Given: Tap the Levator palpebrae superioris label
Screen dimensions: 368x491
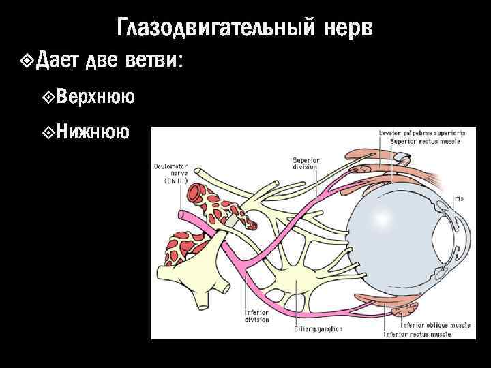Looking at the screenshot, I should pos(426,133).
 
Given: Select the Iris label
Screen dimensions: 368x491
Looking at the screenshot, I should pos(459,198).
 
